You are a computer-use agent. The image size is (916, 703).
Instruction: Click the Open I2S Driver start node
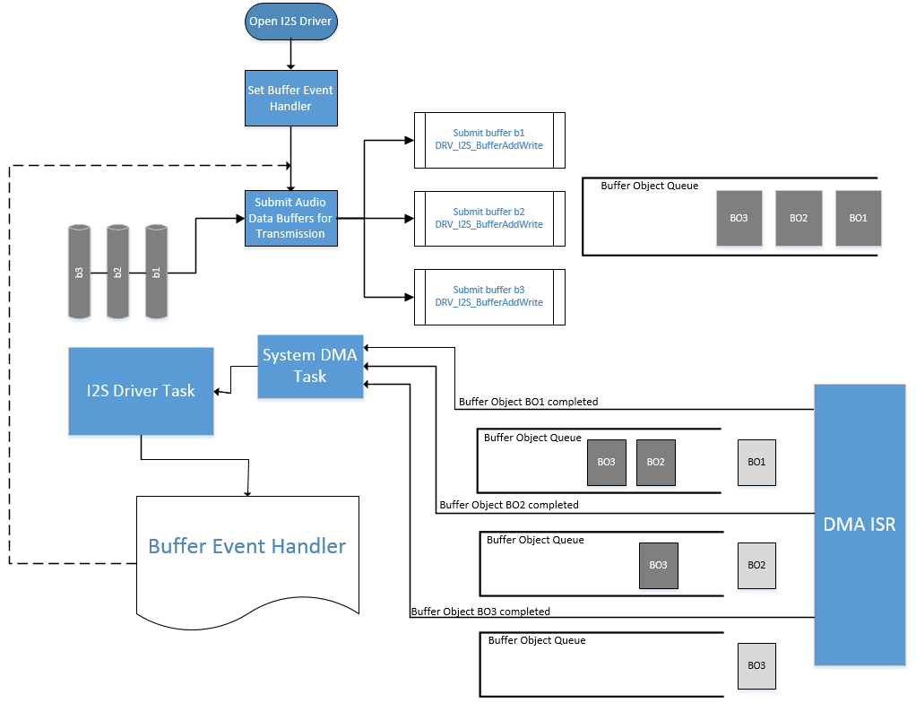click(x=291, y=22)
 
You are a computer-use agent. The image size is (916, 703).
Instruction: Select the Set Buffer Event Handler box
click(x=291, y=99)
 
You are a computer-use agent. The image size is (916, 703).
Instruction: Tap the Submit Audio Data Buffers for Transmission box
click(x=291, y=218)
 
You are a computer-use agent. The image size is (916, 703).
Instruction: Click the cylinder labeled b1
click(x=157, y=272)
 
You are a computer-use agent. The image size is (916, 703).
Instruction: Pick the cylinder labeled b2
click(x=118, y=272)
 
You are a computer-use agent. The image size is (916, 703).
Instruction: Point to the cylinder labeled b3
click(x=80, y=272)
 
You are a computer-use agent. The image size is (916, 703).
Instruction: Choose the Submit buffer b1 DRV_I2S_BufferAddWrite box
click(x=488, y=140)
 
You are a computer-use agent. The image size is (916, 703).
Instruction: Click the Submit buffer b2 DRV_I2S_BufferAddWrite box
click(x=488, y=218)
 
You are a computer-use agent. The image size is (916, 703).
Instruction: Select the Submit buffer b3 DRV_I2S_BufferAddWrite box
click(x=488, y=297)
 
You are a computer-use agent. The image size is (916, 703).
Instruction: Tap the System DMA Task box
click(x=310, y=366)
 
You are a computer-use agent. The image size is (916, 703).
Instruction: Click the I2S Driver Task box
click(x=141, y=391)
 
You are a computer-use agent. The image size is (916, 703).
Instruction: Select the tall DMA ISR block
click(x=859, y=525)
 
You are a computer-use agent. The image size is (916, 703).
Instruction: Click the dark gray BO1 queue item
click(x=858, y=218)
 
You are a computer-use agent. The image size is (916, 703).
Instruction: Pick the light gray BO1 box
click(x=756, y=462)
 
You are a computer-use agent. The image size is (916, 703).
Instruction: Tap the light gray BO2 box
click(x=756, y=566)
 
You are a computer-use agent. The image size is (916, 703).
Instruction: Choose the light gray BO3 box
click(x=756, y=665)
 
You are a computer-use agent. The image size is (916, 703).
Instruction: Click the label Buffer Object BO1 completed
click(x=528, y=402)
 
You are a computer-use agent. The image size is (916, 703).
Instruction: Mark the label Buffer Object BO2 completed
click(x=509, y=505)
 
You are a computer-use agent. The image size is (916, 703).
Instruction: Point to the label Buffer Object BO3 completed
click(x=480, y=612)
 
